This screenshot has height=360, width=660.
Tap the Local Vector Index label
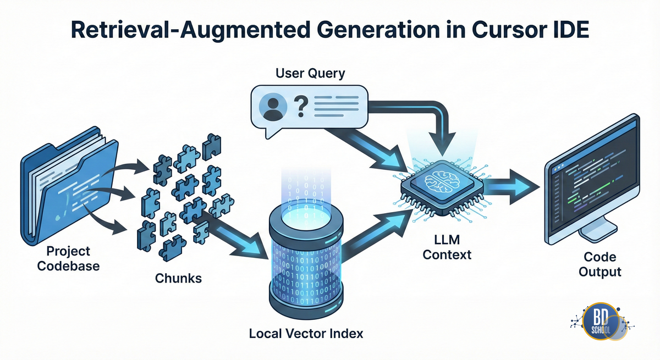(x=306, y=333)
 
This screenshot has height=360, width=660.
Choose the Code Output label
(x=600, y=264)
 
